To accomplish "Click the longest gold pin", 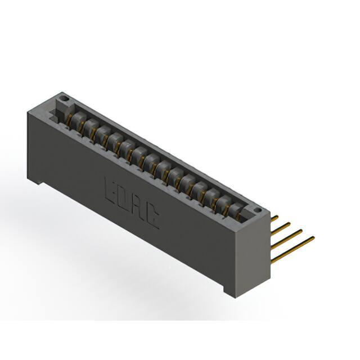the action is click(x=293, y=249).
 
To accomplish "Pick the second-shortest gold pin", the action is click(x=281, y=228).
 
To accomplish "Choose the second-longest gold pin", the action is click(x=287, y=238).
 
